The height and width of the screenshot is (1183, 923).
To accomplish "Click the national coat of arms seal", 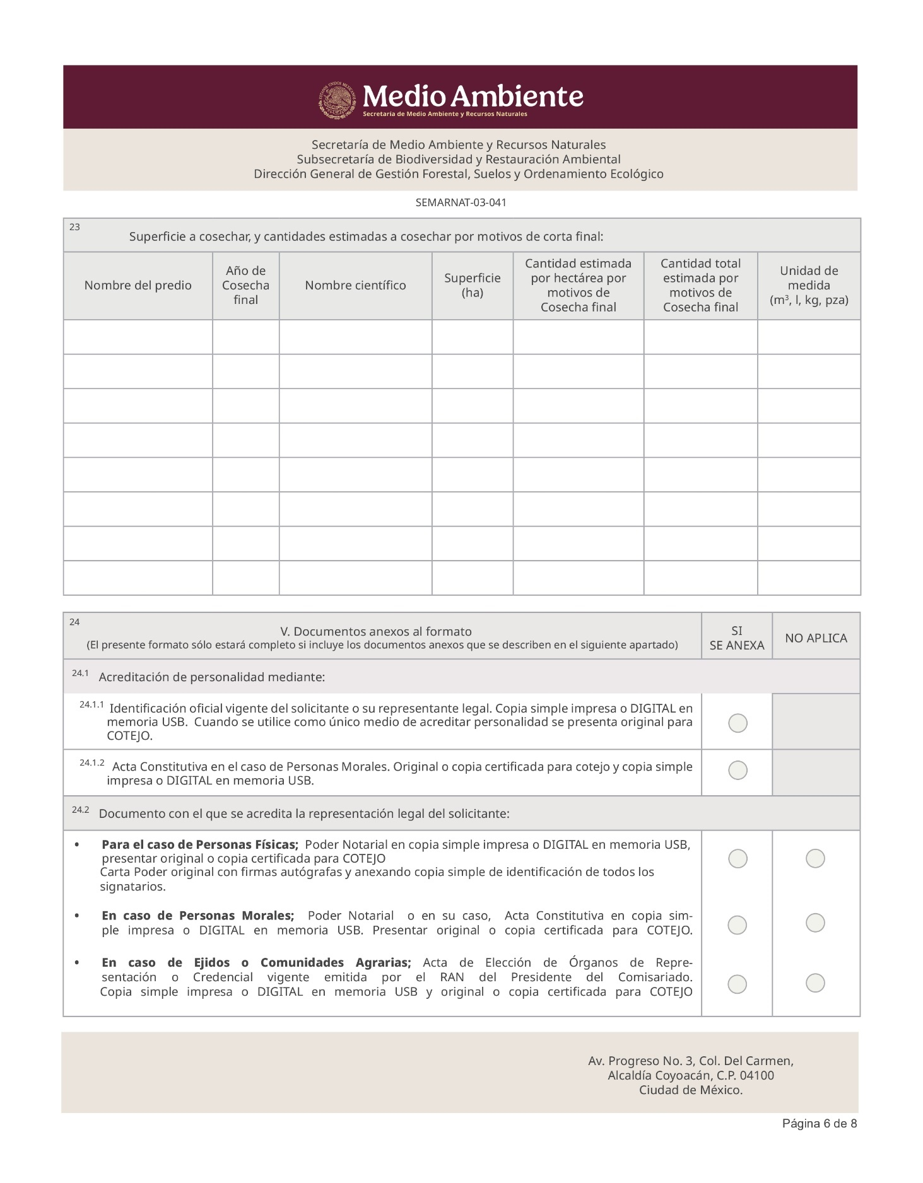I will (337, 99).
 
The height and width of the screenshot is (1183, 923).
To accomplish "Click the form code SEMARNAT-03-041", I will (461, 203).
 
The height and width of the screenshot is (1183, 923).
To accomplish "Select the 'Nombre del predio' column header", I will (138, 286).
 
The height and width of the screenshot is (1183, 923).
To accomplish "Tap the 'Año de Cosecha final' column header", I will (245, 286).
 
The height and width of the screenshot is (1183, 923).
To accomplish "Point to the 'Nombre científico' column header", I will (355, 286).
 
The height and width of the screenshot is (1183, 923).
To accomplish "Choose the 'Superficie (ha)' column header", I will (472, 286).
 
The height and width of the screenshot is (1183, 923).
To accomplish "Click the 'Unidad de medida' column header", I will (808, 286).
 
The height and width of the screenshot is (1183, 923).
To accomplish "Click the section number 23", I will (74, 227).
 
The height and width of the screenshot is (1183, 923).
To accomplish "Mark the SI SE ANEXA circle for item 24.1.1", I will (738, 723).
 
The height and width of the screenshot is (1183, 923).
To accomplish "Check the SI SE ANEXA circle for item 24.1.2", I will (738, 770).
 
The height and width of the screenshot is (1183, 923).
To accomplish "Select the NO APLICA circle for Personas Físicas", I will (815, 858).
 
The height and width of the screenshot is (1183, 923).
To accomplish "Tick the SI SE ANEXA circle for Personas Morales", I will (738, 924).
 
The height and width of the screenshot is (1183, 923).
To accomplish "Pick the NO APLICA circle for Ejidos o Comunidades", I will (815, 982).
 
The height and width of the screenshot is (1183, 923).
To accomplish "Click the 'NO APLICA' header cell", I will (816, 638).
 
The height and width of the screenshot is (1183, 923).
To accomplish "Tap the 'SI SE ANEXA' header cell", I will (736, 638).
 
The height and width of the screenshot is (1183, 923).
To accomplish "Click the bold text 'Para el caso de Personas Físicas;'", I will (199, 844).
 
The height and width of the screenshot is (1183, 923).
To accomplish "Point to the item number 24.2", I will (80, 810).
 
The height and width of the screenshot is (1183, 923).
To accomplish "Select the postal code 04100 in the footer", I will (756, 1076).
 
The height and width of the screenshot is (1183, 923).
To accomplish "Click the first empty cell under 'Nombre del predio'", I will (138, 337).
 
